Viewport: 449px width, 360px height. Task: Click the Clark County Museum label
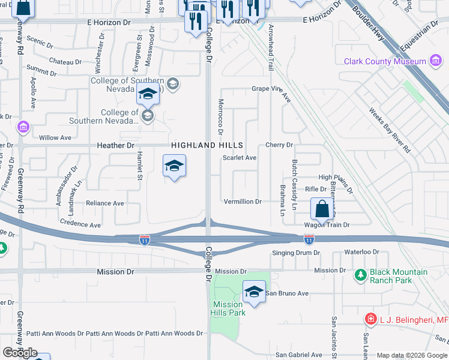pos(384,61)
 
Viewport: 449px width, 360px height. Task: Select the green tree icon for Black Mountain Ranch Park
pos(360,275)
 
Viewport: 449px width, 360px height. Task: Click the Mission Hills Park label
pos(228,308)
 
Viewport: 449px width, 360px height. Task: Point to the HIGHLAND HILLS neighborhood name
pos(207,145)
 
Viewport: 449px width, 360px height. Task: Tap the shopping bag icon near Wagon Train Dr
pos(322,209)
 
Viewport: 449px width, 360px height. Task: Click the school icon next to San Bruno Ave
pos(254,292)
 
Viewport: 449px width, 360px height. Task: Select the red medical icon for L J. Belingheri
pos(371,320)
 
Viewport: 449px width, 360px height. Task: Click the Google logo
pos(20,353)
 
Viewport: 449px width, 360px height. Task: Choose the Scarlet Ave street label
pos(240,158)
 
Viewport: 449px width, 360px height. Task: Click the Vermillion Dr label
pos(243,202)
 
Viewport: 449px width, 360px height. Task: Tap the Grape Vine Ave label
pos(271,89)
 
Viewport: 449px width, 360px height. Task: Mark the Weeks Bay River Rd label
pos(391,130)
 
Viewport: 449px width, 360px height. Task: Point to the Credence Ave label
pos(80,224)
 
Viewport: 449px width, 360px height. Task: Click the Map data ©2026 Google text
pos(412,355)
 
